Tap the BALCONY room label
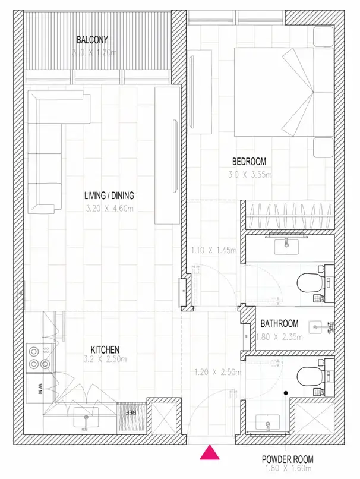(92, 40)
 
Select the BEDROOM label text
(249, 161)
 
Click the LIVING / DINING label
(109, 196)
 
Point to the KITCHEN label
(105, 349)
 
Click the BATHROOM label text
(279, 323)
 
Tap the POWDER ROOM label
(288, 459)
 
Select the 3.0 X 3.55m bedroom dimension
(250, 175)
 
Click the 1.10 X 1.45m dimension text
(214, 251)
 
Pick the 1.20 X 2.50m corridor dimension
(217, 373)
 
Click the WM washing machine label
(40, 388)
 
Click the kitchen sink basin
(86, 417)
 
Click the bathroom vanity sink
(286, 247)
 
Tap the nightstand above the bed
(323, 37)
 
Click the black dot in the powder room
(286, 393)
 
